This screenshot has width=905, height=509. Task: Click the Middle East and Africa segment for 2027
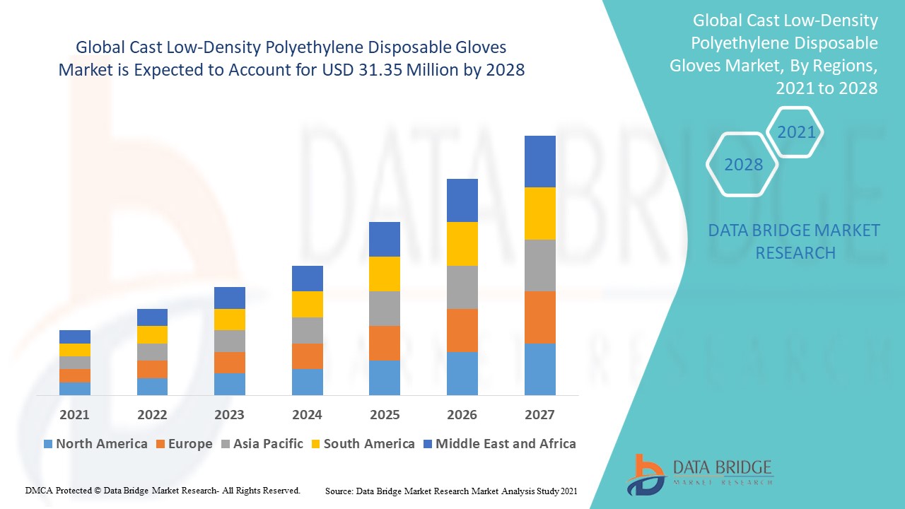[539, 161]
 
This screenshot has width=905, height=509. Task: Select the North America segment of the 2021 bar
[74, 388]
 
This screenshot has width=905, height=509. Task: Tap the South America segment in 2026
[462, 244]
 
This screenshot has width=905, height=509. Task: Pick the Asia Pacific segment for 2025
[385, 308]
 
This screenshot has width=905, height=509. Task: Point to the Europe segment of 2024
[307, 356]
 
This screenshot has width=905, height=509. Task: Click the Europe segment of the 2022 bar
[152, 369]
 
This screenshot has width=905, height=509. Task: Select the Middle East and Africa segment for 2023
[229, 298]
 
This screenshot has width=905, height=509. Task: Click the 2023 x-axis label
[229, 414]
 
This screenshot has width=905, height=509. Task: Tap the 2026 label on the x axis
[462, 414]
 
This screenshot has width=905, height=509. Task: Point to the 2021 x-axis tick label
[74, 414]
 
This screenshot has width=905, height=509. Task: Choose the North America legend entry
[95, 444]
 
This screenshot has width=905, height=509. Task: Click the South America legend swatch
[315, 444]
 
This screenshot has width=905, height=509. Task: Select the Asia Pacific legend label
[268, 444]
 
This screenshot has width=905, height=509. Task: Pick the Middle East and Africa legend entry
[498, 444]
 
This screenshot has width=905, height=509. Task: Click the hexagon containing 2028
[742, 165]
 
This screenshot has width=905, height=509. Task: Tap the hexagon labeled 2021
[796, 132]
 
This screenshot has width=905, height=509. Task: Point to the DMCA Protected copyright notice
[163, 490]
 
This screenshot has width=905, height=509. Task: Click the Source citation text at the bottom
[451, 490]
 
